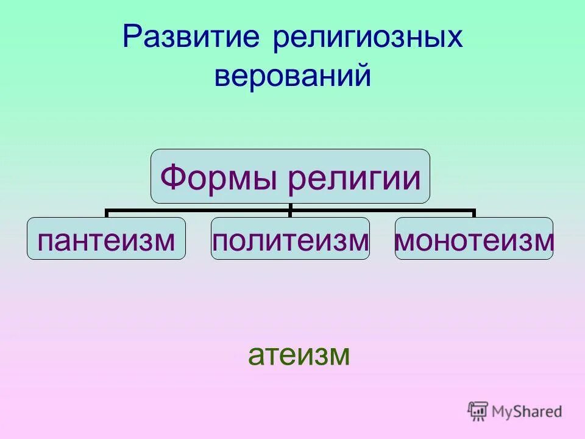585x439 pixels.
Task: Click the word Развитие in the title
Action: tap(191, 37)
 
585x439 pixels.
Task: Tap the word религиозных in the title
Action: tap(367, 37)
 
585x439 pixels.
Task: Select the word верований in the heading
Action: tap(292, 76)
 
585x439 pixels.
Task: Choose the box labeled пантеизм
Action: tap(106, 239)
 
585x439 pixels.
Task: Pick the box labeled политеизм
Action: tap(290, 239)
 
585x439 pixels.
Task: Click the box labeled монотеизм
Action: tap(474, 239)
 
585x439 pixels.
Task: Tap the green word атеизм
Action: tap(299, 355)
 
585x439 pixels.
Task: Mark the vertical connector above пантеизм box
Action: tap(106, 213)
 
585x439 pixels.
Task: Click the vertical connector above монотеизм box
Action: tap(474, 213)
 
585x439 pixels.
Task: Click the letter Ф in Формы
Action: tap(171, 178)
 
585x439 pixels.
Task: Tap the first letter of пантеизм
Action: tap(44, 241)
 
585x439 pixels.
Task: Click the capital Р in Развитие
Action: tap(131, 37)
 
